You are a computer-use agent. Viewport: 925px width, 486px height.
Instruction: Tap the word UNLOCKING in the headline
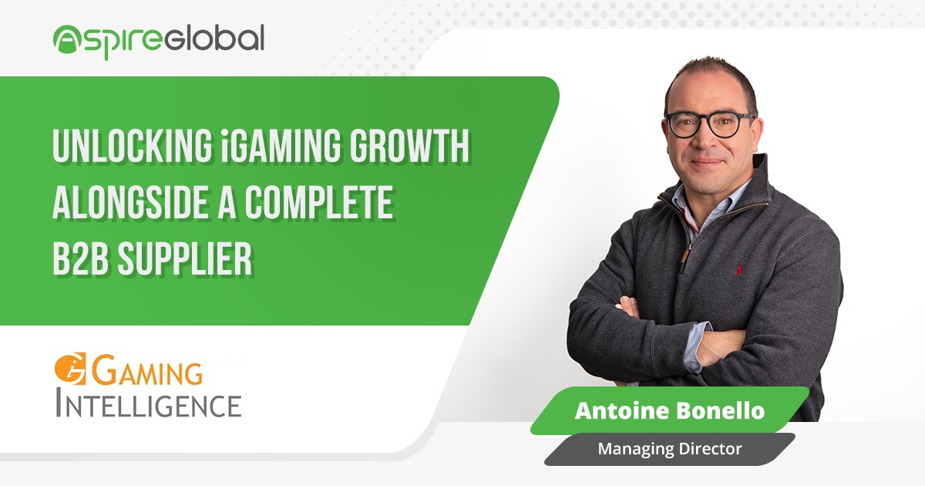132,147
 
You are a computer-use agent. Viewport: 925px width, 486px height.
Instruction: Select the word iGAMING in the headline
281,147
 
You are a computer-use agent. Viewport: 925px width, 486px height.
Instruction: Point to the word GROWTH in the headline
409,147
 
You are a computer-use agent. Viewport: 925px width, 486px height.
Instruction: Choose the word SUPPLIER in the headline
184,259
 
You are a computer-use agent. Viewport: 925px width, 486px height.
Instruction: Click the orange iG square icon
70,368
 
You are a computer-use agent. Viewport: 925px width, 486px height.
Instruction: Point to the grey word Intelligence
148,403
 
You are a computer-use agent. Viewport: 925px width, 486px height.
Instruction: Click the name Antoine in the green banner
622,410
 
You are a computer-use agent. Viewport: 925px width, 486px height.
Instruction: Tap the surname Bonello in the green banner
720,410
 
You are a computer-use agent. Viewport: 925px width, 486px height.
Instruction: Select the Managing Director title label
669,449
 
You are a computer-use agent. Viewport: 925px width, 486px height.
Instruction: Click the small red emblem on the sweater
738,270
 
